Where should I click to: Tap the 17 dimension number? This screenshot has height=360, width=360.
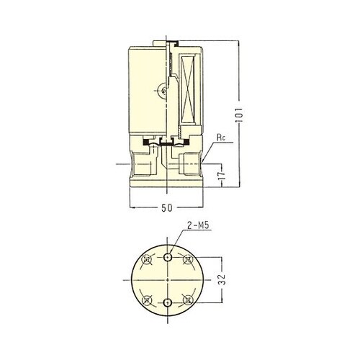point(222,175)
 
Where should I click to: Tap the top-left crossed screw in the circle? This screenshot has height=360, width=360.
point(147,260)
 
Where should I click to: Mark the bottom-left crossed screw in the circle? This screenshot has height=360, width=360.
point(147,300)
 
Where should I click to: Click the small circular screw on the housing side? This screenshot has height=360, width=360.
point(163,91)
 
